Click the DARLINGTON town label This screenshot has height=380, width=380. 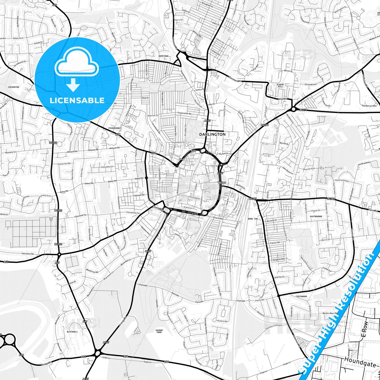212,134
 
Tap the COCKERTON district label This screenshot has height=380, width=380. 13,87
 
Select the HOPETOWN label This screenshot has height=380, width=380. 163,56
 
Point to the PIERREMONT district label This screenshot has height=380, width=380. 114,128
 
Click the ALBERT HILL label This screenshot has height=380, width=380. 281,85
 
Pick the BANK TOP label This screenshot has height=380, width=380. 253,219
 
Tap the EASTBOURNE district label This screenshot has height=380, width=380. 316,216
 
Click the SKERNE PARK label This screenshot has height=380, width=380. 159,331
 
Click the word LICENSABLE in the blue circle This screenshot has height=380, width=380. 77,100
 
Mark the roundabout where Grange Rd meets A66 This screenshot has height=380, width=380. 98,352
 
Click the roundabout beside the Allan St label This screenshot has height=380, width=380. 293,109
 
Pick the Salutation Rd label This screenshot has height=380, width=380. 28,254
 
